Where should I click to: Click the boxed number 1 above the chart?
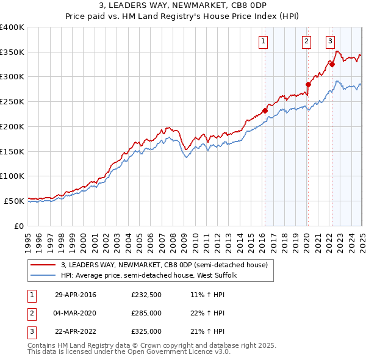click(x=263, y=41)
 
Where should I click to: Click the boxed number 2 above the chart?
click(x=306, y=41)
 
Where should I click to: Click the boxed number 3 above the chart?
click(x=330, y=41)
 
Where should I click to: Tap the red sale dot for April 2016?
click(x=265, y=110)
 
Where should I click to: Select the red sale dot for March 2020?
click(x=308, y=84)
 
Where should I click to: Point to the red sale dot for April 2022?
click(x=332, y=63)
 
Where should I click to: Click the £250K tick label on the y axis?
click(x=12, y=101)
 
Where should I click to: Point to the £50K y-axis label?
click(x=14, y=200)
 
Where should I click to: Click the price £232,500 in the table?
click(x=146, y=295)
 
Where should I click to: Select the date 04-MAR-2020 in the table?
click(x=76, y=314)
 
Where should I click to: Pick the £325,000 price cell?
click(x=146, y=331)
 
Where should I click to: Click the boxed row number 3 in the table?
click(x=31, y=331)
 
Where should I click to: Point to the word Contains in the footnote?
click(x=42, y=345)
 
